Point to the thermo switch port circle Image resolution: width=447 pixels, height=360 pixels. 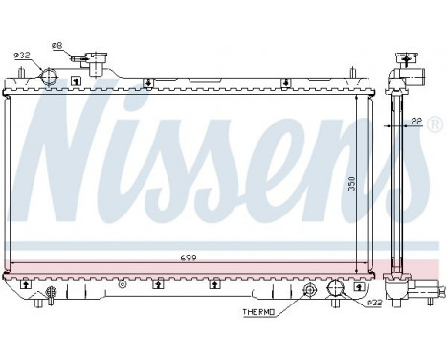[x=308, y=292]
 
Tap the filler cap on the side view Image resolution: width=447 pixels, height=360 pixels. [x=413, y=59]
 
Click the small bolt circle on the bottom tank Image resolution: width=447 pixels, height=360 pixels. [x=123, y=284]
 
